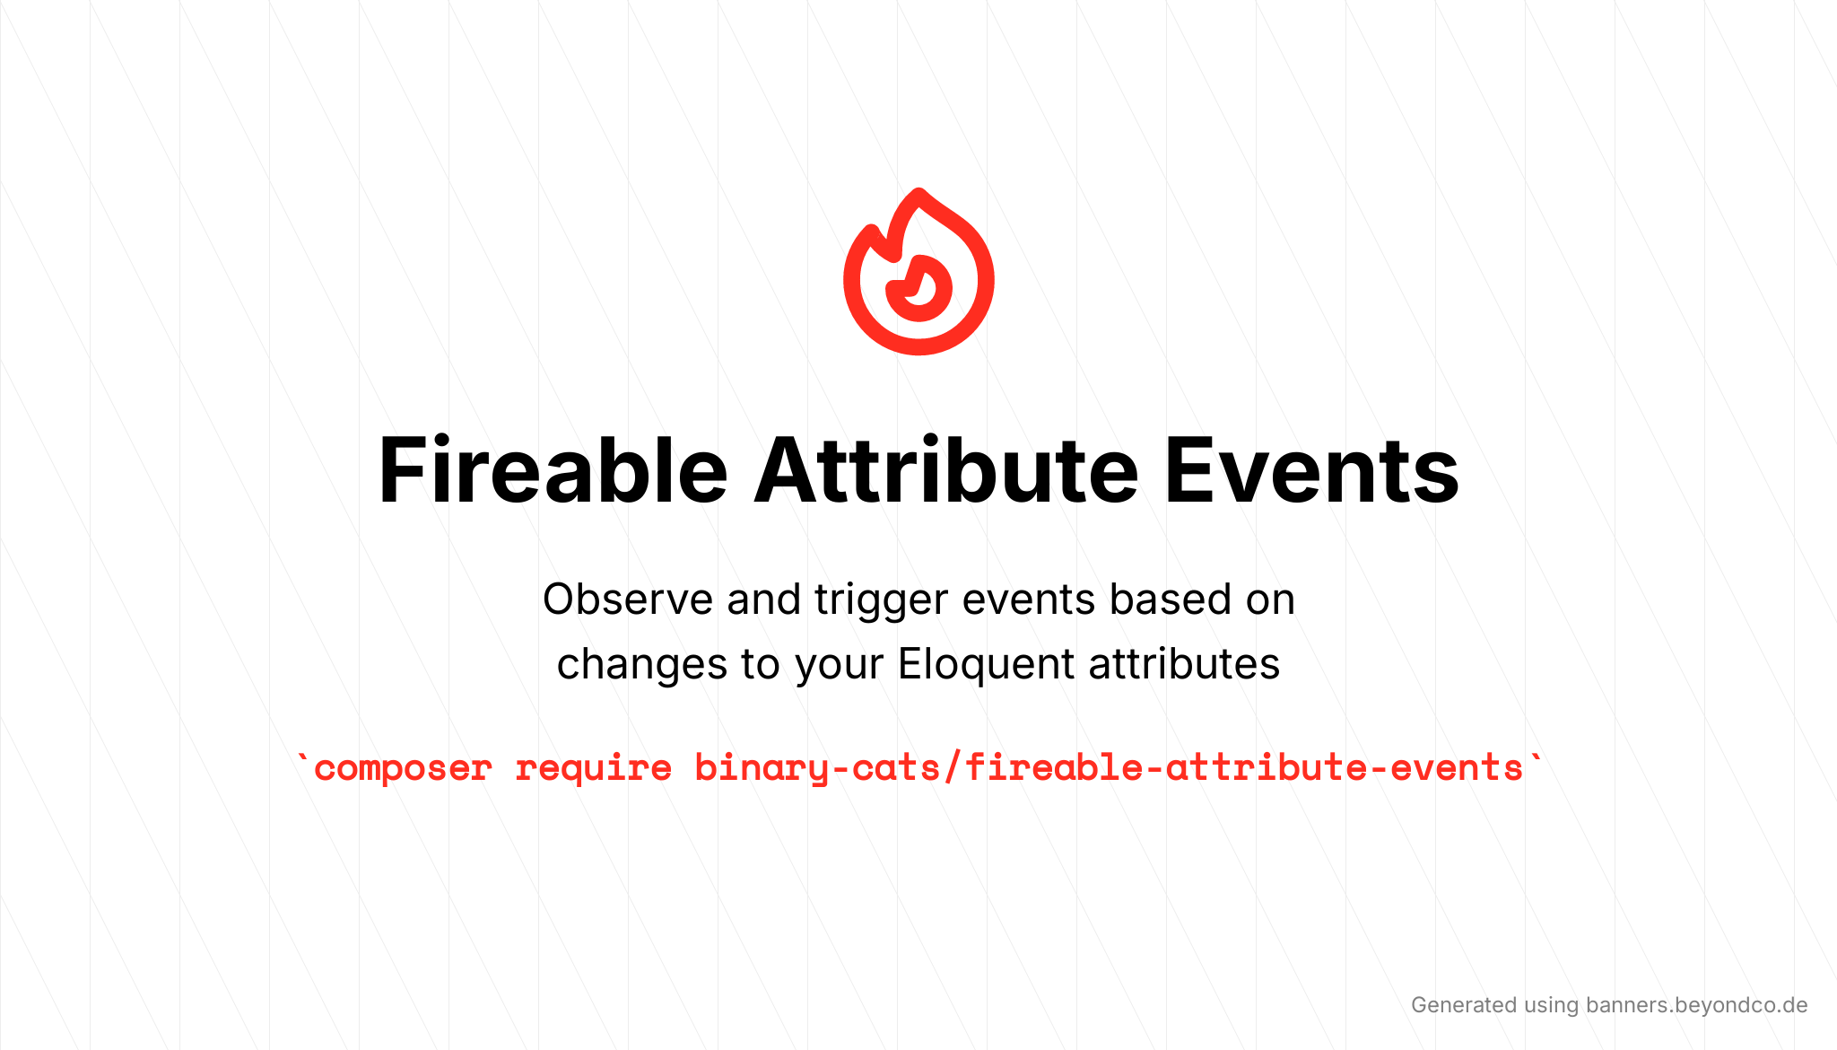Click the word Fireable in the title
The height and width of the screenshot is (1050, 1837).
(553, 470)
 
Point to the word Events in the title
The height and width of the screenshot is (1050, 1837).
(1312, 470)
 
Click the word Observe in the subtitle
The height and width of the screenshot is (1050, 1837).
(628, 599)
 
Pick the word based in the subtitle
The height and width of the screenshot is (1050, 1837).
(1170, 599)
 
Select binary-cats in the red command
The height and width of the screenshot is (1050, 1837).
(817, 768)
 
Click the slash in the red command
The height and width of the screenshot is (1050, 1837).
(952, 768)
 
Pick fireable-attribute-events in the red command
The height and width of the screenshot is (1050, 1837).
(1244, 767)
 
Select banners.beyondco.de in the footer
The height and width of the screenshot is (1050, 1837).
(1696, 1005)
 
